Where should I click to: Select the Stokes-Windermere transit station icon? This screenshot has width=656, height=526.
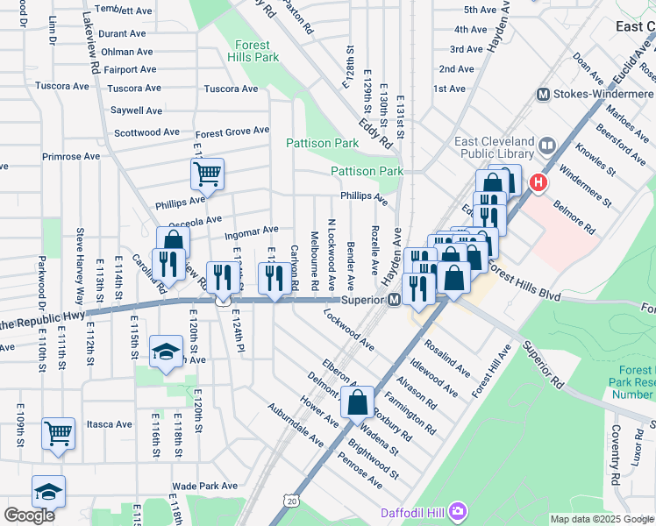click(543, 94)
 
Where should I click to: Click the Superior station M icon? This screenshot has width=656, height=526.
click(395, 301)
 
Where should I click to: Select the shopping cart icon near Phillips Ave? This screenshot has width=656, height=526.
click(207, 174)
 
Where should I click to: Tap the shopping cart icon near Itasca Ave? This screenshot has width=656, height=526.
click(58, 433)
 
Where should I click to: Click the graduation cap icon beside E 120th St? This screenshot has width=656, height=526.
click(165, 352)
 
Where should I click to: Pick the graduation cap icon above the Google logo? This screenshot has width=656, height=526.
click(48, 492)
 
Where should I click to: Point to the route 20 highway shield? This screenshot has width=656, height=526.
click(289, 500)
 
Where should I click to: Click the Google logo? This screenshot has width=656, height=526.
click(29, 515)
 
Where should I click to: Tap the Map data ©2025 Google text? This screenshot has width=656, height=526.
click(601, 519)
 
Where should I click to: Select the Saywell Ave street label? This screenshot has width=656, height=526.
click(136, 110)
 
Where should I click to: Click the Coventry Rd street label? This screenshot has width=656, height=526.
click(616, 469)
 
